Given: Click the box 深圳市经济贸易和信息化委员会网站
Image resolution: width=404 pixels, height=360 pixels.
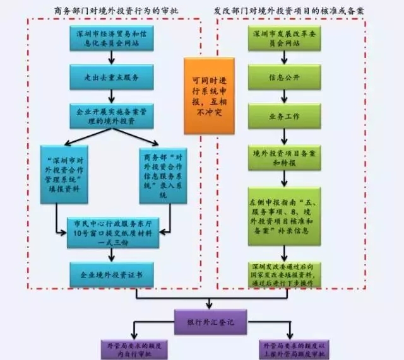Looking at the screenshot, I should pos(112,38).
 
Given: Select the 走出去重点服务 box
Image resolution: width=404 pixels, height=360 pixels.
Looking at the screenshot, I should pos(112,76).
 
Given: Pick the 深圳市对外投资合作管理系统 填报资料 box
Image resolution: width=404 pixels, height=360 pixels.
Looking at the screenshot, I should pos(66,173).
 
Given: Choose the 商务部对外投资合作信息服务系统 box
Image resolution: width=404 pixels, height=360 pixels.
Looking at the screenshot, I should pos(162,173).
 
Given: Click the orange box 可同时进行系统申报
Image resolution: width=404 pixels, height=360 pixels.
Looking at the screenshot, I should pos(208,96).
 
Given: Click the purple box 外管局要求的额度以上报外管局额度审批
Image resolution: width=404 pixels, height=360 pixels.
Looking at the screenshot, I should pos(291,349).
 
